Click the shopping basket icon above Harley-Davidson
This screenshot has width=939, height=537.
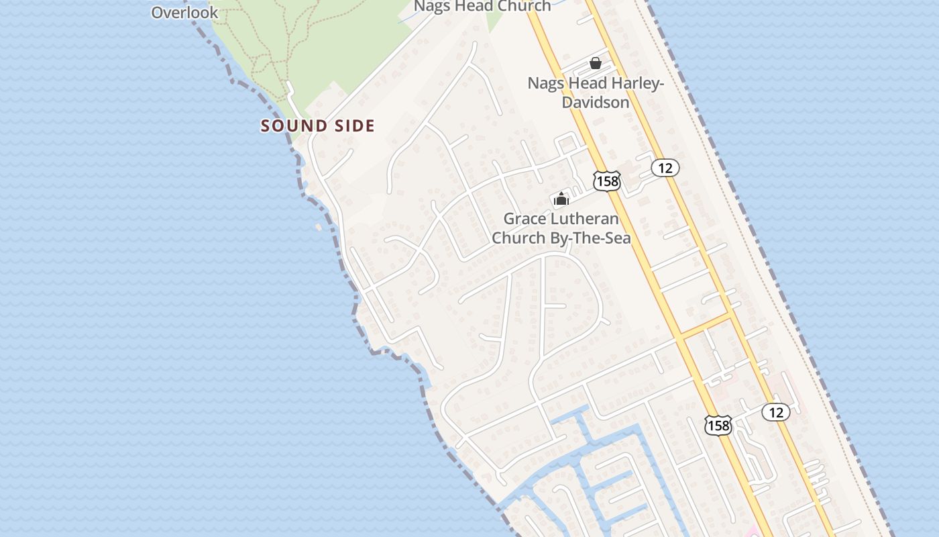tap(595, 63)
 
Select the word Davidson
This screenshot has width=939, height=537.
tap(596, 103)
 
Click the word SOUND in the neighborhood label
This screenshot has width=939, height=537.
tap(290, 126)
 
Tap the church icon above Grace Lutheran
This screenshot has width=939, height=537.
tap(561, 199)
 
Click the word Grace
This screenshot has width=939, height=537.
tap(524, 219)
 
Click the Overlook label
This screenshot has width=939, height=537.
tap(184, 12)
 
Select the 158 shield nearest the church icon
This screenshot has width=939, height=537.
tap(606, 181)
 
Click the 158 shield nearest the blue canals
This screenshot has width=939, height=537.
tap(718, 425)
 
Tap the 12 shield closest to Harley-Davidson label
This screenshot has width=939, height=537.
tap(665, 168)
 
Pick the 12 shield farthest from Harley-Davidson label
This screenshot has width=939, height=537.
tap(776, 412)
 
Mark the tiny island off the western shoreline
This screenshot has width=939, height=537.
tap(318, 228)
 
